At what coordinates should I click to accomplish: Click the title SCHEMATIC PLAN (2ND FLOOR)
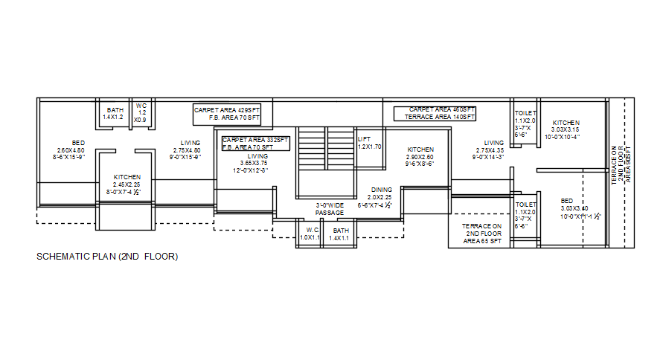click(x=108, y=257)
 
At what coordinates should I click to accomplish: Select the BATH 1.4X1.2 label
click(x=115, y=114)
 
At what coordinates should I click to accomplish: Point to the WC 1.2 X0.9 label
click(x=141, y=112)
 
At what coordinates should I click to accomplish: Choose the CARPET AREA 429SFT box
click(x=231, y=114)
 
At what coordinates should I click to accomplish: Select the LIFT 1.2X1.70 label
click(x=369, y=143)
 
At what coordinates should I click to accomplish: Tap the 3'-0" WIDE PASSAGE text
click(x=330, y=209)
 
